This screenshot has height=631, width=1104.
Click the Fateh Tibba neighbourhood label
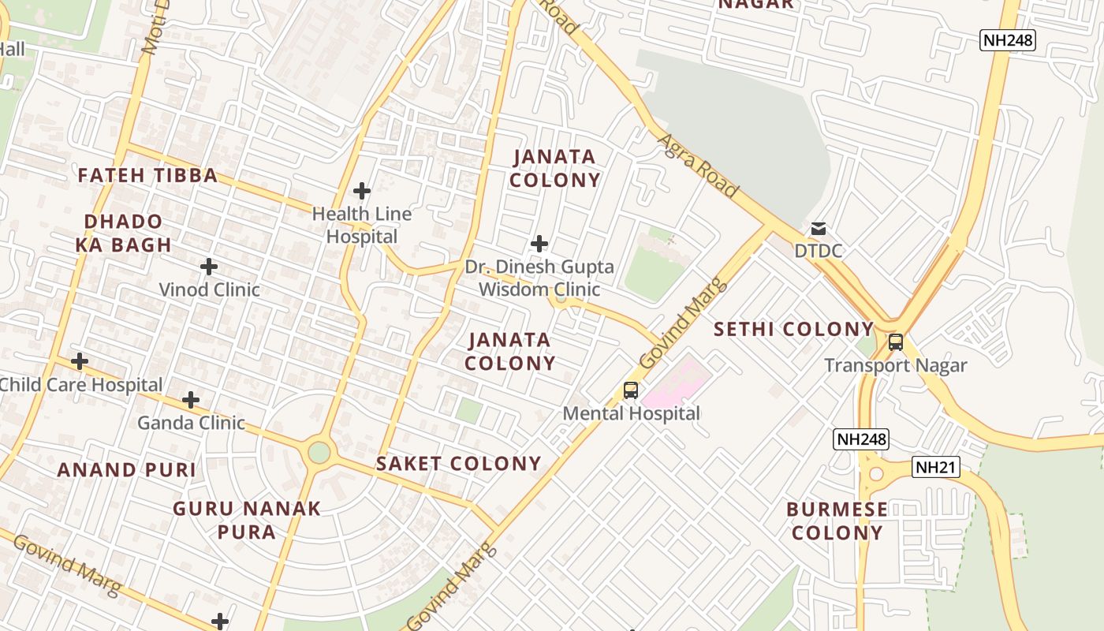pos(147,175)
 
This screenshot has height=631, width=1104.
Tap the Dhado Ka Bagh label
pos(124,233)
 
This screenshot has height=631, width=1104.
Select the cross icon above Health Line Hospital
pos(362,191)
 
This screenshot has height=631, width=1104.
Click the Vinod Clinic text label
pos(210,289)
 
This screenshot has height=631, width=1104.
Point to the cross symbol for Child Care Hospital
pos(80,362)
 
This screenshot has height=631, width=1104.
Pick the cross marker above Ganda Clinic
pos(191,400)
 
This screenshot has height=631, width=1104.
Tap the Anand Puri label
pos(126,470)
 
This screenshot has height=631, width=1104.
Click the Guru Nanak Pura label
pos(247,520)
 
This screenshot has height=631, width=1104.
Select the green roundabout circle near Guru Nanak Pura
pos(319,452)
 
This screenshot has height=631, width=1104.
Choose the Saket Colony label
pos(458,463)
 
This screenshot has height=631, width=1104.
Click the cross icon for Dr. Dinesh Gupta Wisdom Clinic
pos(539,244)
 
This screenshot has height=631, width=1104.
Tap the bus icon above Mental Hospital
pos(631,390)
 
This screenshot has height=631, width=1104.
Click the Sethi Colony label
pos(793,329)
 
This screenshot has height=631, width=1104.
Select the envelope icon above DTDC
pos(819,229)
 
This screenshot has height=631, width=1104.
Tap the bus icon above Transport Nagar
pos(896,342)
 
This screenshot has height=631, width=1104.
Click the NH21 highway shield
pos(937,467)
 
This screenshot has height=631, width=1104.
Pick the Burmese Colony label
pos(837,521)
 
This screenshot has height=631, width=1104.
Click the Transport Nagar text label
pos(896,365)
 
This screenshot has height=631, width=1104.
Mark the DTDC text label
pos(819,251)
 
